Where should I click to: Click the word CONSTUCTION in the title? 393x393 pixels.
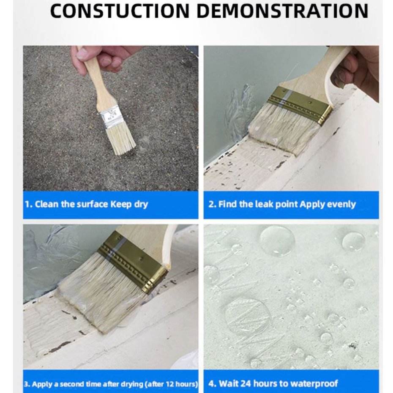click(x=120, y=11)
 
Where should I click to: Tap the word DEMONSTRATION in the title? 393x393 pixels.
click(x=282, y=11)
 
